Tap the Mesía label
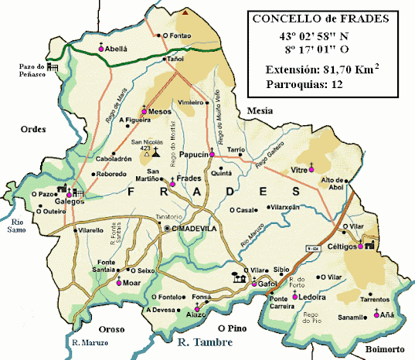pos(259,111)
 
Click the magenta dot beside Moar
pos(118,283)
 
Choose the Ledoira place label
pos(312,296)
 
